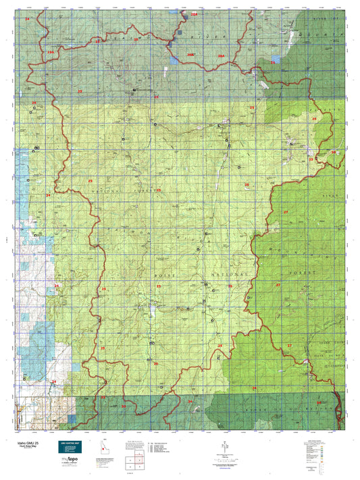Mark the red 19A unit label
50,51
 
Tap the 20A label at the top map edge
195,14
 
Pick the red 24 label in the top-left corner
28,19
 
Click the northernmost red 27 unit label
286,212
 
